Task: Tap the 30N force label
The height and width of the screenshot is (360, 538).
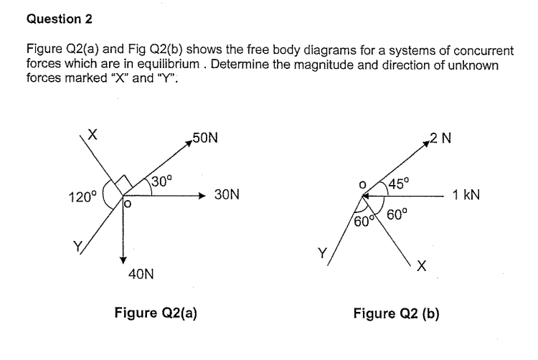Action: (x=227, y=194)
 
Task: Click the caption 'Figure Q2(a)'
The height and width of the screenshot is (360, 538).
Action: (x=146, y=312)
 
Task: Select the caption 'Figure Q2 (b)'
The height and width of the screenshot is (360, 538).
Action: (x=396, y=312)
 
